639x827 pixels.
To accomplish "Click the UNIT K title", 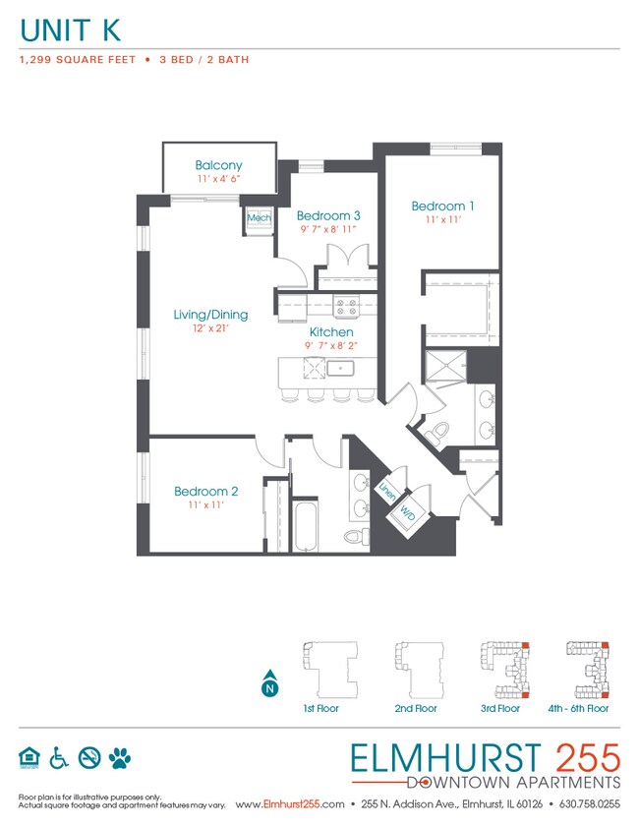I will [71, 30].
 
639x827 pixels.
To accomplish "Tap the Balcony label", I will [218, 165].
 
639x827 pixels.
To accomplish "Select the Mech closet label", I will [259, 218].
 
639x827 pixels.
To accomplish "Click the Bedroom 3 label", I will [328, 215].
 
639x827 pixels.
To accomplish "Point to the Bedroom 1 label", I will [442, 206].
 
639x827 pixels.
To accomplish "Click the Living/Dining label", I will [210, 315].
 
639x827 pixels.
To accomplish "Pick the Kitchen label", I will [330, 332].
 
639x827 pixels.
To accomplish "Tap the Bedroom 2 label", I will [206, 491].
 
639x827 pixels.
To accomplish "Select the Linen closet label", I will [386, 488].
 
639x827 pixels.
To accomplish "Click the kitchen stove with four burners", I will [346, 307].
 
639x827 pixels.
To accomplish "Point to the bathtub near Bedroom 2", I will [305, 528].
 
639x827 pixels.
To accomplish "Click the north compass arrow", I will [268, 688].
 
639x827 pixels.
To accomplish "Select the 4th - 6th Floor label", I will [578, 708].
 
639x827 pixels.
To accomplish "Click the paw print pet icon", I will [121, 757].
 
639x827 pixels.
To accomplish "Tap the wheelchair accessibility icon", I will [59, 757].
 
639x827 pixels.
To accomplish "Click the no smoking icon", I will [89, 757].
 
